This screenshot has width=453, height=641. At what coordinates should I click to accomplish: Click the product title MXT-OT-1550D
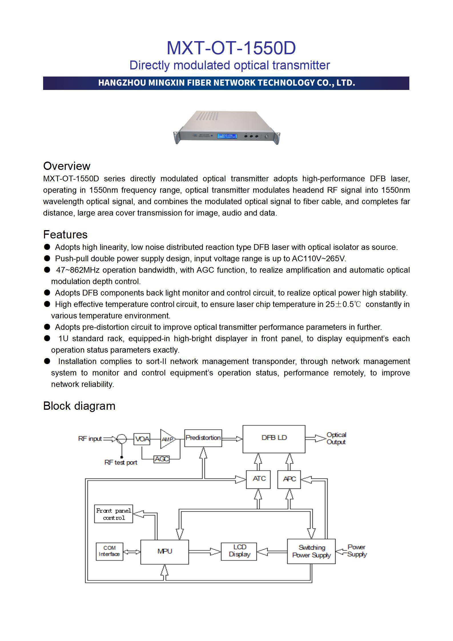(x=231, y=48)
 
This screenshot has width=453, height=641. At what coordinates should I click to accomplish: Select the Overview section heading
(x=67, y=166)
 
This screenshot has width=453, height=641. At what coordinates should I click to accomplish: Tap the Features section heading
(x=65, y=234)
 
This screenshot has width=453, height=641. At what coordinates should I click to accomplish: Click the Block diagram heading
(x=79, y=406)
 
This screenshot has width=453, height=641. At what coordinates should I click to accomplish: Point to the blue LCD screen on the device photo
(x=227, y=136)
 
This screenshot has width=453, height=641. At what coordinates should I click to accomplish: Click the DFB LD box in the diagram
(x=274, y=439)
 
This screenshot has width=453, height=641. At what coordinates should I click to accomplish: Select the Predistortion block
(x=203, y=438)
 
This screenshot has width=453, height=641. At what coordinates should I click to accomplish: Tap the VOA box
(x=142, y=439)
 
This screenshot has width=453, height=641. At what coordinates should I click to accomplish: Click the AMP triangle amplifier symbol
(x=167, y=439)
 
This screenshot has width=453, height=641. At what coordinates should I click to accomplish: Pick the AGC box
(x=161, y=459)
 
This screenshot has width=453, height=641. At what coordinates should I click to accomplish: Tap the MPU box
(x=164, y=552)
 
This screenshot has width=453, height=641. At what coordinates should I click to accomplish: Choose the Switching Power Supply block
(x=311, y=551)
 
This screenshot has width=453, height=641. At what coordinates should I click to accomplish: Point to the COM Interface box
(x=109, y=551)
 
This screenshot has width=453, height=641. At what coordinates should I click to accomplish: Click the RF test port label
(x=121, y=463)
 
